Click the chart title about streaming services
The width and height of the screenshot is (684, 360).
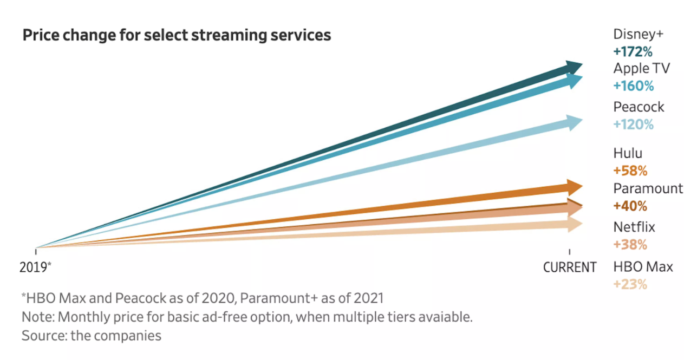(x=176, y=36)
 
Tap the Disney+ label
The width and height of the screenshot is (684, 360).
(x=638, y=35)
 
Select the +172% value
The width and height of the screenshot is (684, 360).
(x=633, y=52)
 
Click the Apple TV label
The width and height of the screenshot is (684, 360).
(x=641, y=69)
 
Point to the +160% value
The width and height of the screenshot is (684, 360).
(x=633, y=86)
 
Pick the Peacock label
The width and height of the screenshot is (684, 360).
(x=639, y=107)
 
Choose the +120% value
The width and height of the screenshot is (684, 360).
(x=633, y=125)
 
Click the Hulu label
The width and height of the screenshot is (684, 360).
(x=628, y=154)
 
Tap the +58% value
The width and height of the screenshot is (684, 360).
(x=630, y=171)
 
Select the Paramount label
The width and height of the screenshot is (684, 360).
(x=648, y=188)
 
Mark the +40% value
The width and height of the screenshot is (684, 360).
(x=630, y=206)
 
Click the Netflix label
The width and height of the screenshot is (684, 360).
(x=634, y=227)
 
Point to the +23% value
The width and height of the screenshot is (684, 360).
(x=630, y=284)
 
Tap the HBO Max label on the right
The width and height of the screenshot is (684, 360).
(x=643, y=267)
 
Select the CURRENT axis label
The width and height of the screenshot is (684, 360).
(x=570, y=267)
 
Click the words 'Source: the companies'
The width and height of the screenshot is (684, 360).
(x=92, y=336)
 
